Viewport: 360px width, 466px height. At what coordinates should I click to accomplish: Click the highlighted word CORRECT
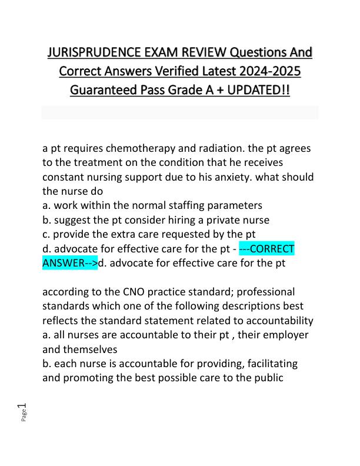tap(272, 248)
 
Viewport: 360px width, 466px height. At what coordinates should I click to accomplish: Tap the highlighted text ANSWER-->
tap(70, 263)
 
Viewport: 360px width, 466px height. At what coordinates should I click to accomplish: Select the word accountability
tap(278, 320)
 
